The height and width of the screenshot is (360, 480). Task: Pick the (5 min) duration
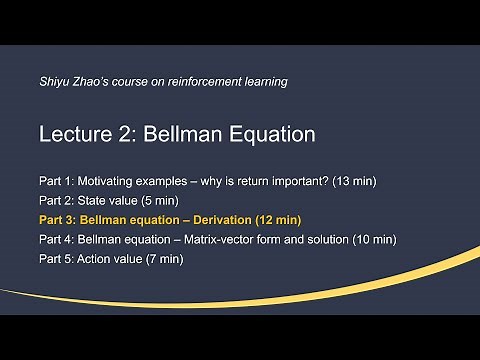(161, 201)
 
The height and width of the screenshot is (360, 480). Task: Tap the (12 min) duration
(282, 220)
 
